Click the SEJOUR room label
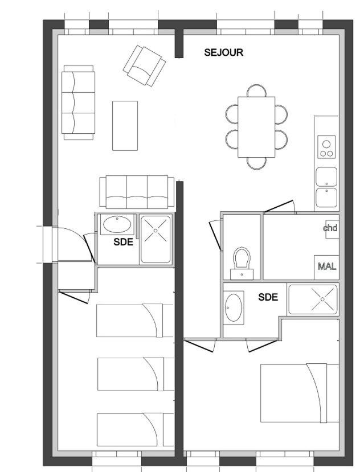223,52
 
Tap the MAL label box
326,267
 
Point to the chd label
330,228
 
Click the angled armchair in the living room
144,65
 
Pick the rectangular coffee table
125,125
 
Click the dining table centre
256,127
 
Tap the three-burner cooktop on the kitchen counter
326,147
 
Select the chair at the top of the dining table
256,91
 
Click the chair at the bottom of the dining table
256,163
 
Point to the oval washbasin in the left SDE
117,224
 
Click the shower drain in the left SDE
156,231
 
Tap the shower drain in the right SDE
322,299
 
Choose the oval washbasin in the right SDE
234,307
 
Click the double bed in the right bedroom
300,393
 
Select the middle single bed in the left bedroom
136,374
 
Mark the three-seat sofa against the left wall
79,102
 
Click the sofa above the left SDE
137,192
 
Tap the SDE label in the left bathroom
123,242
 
